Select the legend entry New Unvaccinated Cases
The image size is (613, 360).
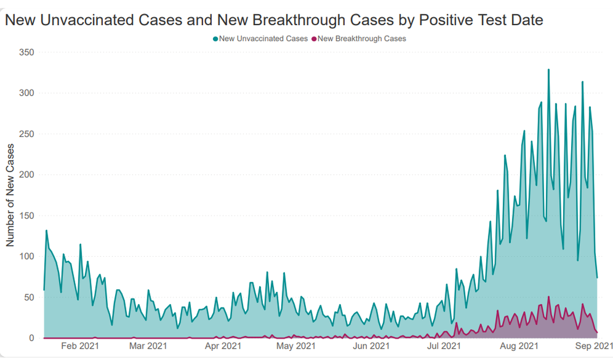263,39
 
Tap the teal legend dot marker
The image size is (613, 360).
216,39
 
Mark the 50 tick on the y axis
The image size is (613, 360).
30,297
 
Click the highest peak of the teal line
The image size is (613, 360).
548,69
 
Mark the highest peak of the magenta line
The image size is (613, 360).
548,297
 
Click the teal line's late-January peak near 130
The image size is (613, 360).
46,231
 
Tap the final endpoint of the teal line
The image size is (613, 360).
597,278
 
